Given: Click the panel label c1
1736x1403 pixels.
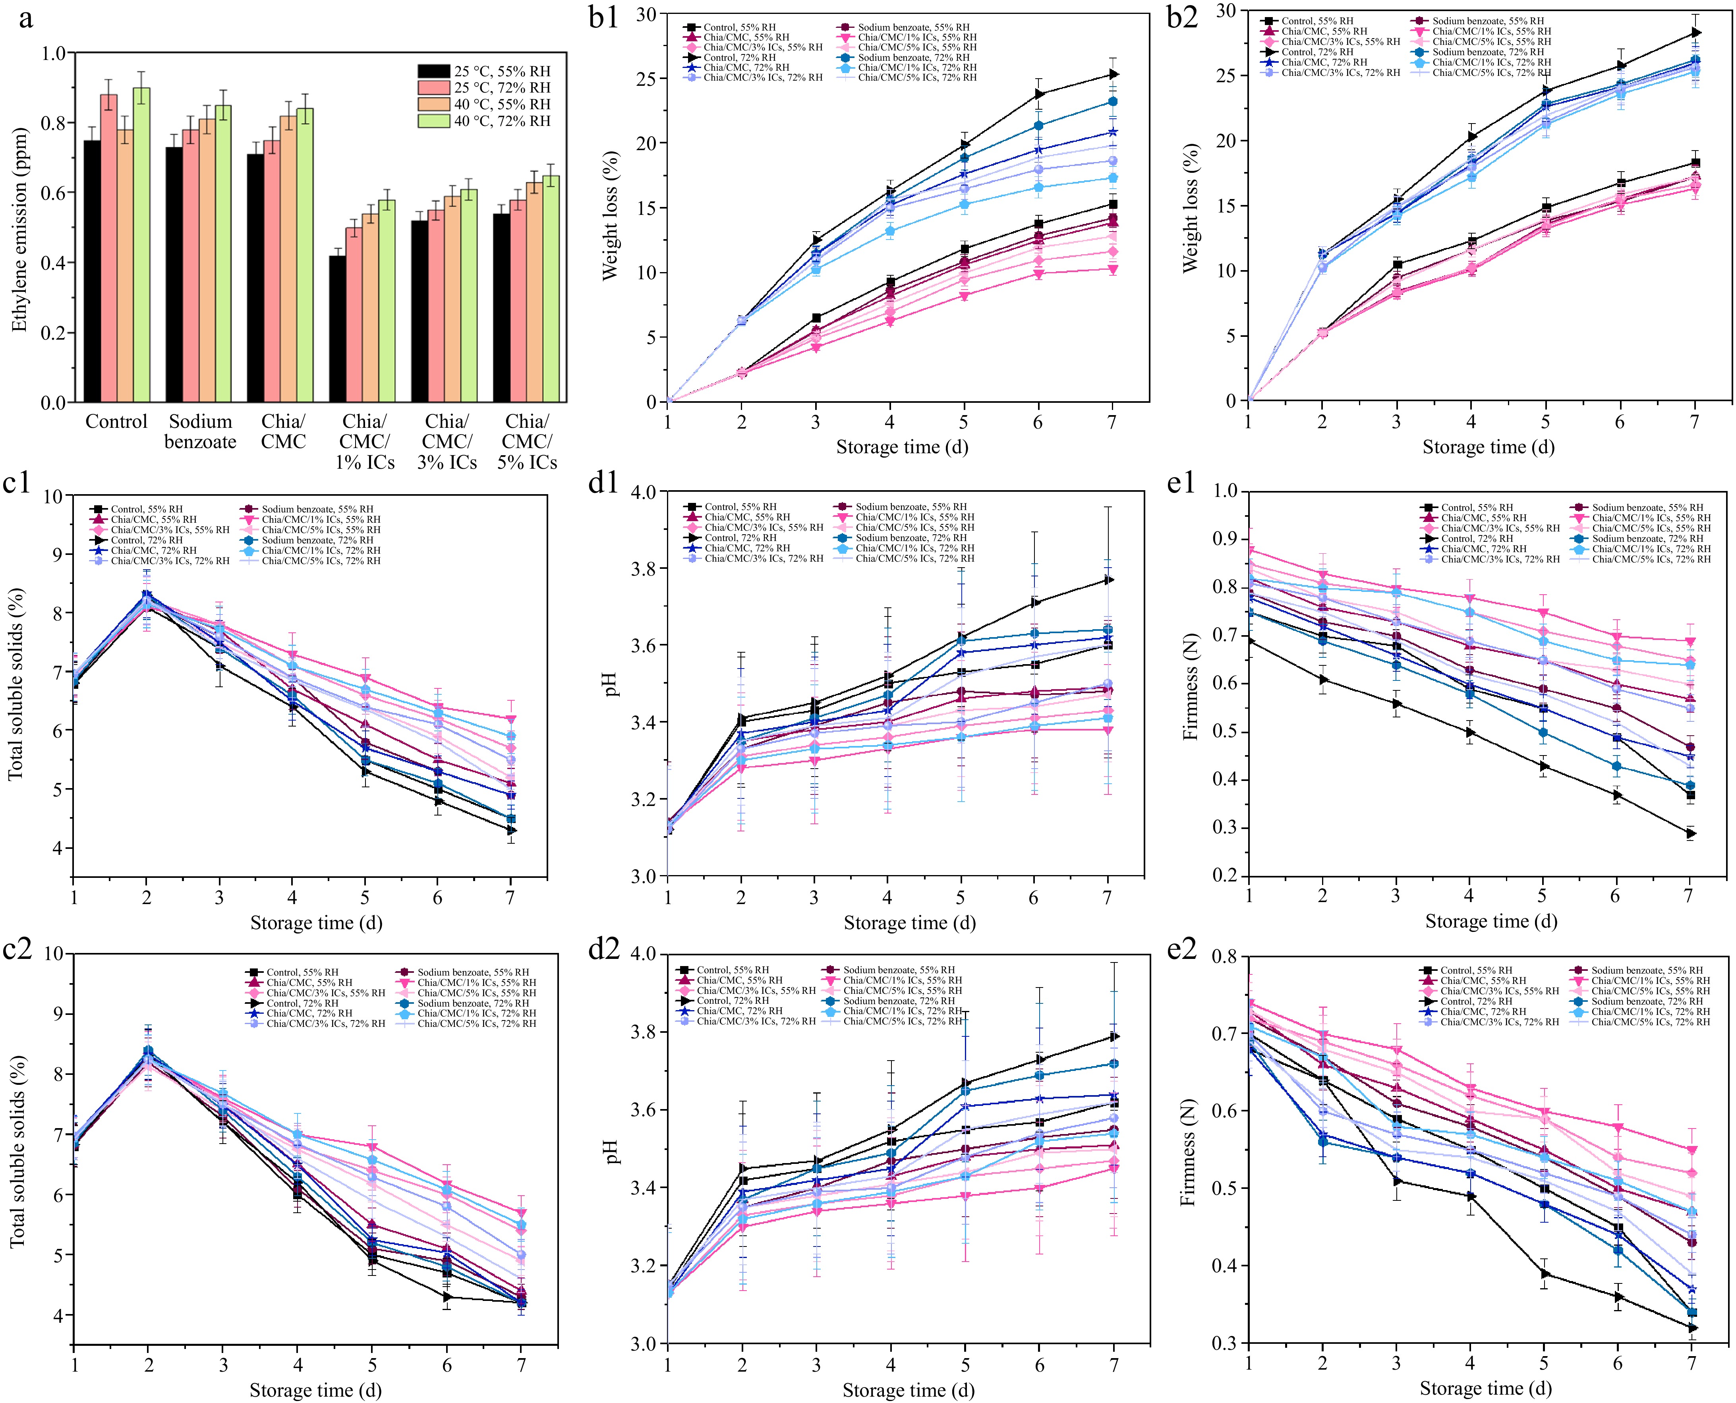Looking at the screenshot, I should [18, 483].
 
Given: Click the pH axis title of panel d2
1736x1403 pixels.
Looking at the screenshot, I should [612, 1152].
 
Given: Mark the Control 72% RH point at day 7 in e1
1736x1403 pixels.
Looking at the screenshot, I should [1689, 833].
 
